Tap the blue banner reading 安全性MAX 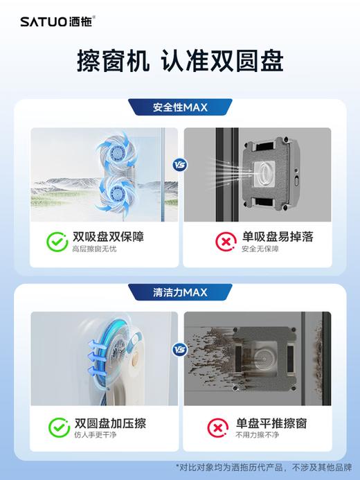click(179, 107)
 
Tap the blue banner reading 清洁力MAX click(179, 292)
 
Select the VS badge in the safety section click(180, 166)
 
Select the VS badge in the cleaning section click(180, 350)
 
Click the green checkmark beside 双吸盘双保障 click(57, 242)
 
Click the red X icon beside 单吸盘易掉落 click(224, 242)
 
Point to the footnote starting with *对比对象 click(267, 465)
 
